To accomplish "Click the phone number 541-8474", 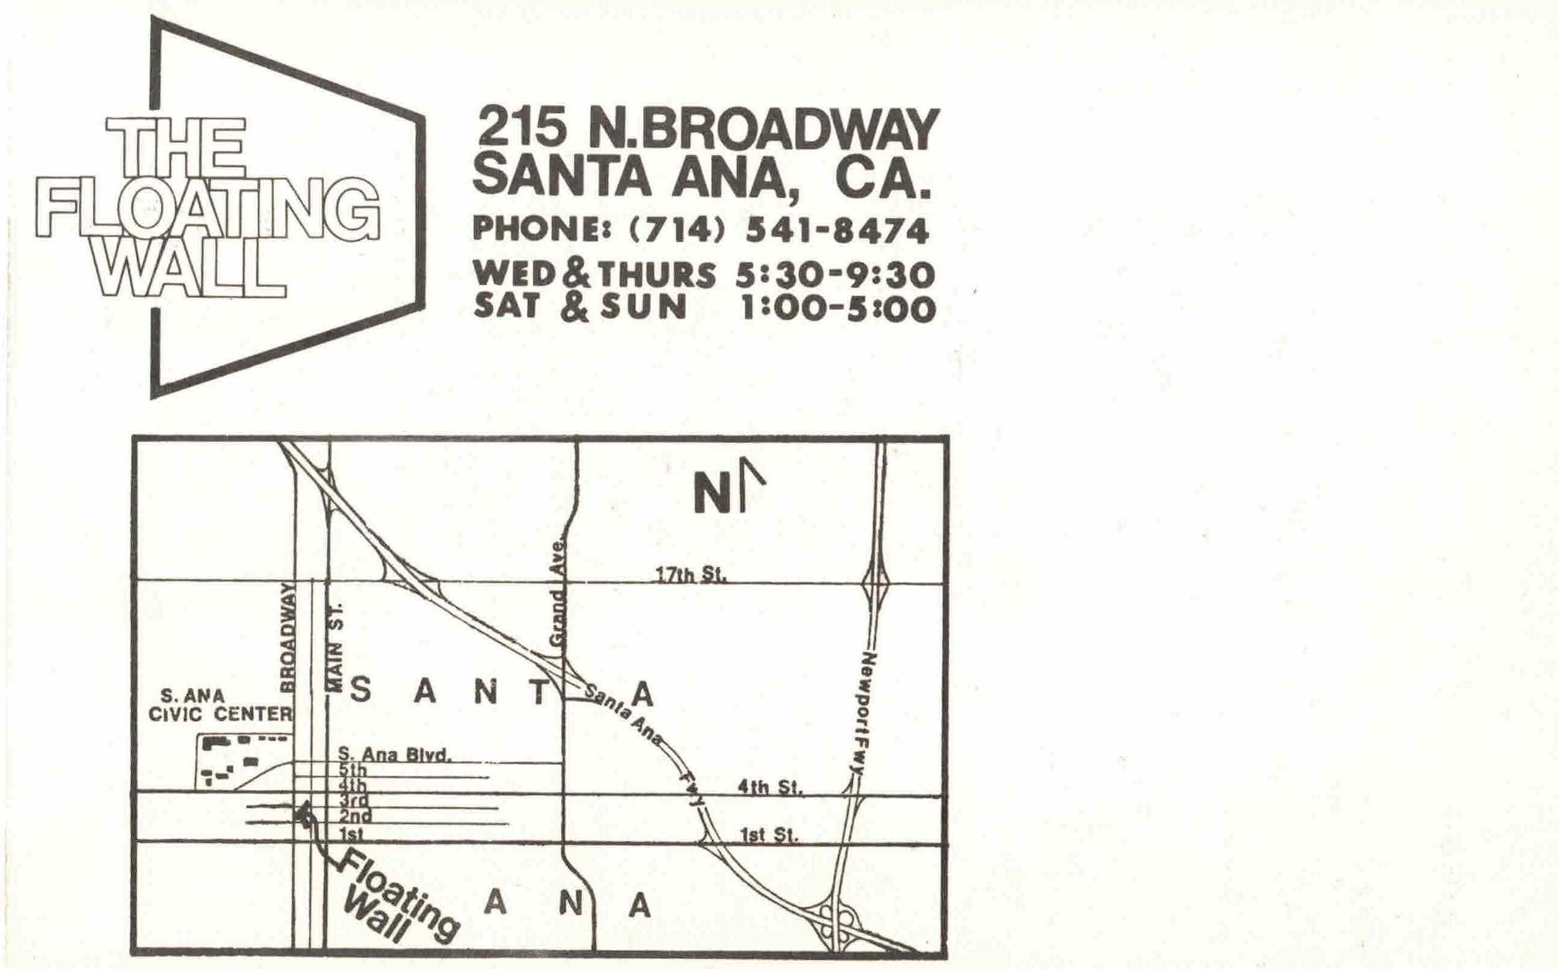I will (837, 231).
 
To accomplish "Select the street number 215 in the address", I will (522, 128).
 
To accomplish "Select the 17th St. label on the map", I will (690, 575).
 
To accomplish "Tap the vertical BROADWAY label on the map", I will (288, 638).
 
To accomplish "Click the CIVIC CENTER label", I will (220, 714).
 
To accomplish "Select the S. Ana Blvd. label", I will (394, 755).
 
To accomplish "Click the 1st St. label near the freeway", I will (769, 835).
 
